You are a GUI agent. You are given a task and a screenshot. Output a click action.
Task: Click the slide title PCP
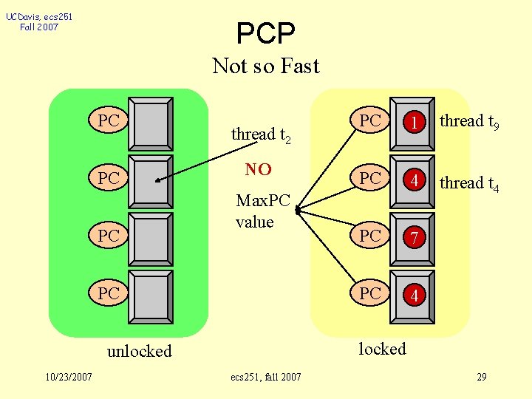click(x=265, y=33)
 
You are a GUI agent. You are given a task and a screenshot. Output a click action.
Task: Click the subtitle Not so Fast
click(x=265, y=66)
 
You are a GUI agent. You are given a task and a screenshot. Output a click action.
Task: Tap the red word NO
click(x=258, y=170)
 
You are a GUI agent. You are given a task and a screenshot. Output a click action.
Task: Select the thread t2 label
click(x=261, y=134)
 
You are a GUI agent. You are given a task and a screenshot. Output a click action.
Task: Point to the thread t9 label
click(x=469, y=121)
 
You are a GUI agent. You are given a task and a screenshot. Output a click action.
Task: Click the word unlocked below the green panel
click(x=139, y=351)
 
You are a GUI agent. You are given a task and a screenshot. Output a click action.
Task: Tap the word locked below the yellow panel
click(x=382, y=349)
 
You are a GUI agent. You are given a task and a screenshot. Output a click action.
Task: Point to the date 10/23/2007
click(x=68, y=378)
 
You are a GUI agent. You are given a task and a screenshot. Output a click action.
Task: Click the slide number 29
click(x=481, y=378)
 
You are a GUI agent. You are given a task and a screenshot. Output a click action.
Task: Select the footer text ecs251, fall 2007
click(x=266, y=378)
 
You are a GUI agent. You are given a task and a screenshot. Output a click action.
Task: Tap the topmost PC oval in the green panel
click(x=109, y=120)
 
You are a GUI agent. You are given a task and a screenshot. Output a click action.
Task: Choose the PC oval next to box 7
click(x=370, y=236)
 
